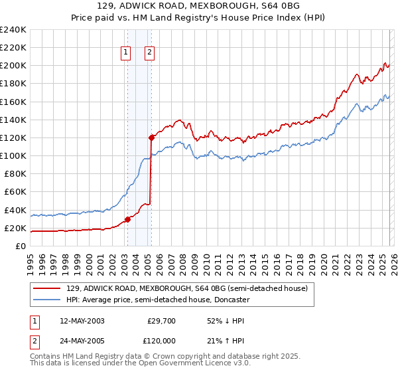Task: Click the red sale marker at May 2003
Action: click(x=127, y=220)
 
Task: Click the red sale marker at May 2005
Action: click(x=151, y=138)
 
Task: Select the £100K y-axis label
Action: click(x=13, y=156)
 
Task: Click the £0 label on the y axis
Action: click(x=21, y=246)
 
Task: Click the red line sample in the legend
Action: click(x=46, y=289)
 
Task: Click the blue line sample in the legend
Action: click(x=46, y=300)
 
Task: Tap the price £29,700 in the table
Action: click(x=161, y=321)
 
